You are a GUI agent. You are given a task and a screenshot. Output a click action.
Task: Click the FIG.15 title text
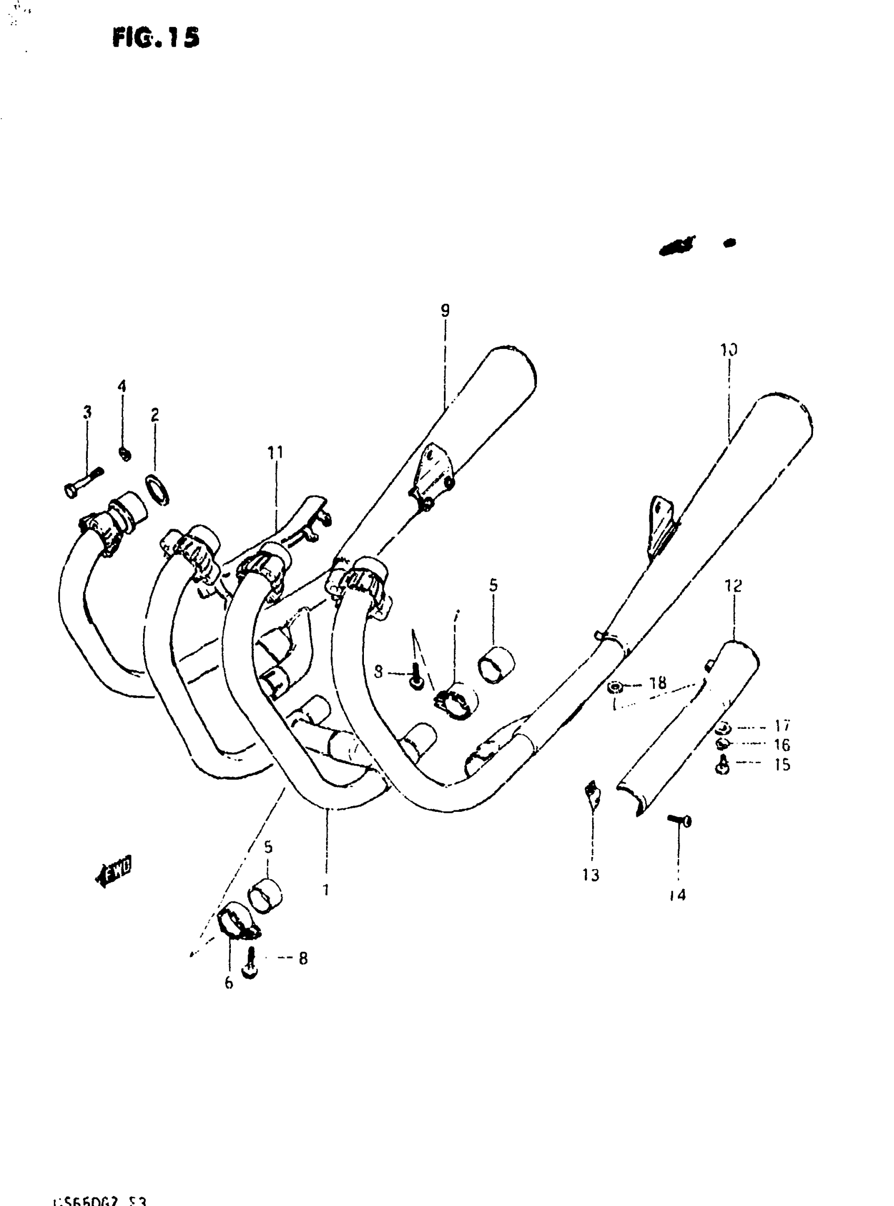click(x=156, y=37)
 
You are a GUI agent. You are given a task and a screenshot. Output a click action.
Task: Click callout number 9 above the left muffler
click(x=445, y=311)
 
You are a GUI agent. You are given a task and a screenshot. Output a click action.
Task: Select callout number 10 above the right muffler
click(x=728, y=350)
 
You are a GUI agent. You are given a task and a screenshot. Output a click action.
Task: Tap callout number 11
click(x=276, y=452)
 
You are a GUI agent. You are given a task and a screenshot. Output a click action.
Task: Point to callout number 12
click(x=734, y=585)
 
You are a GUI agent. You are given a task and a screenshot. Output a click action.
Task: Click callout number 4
click(x=122, y=386)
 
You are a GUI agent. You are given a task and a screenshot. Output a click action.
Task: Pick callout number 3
click(x=87, y=412)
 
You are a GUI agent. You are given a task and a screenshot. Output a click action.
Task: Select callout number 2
click(x=155, y=415)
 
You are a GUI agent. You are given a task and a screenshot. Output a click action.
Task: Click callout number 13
click(x=591, y=875)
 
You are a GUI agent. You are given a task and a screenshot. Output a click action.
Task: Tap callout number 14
click(x=677, y=895)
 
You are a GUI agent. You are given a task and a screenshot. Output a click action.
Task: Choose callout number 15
click(x=782, y=765)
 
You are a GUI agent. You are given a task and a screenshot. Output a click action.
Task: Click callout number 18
click(x=658, y=684)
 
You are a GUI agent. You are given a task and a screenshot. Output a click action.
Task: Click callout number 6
click(x=229, y=983)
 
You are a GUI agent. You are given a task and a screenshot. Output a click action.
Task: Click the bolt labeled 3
click(x=83, y=483)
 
